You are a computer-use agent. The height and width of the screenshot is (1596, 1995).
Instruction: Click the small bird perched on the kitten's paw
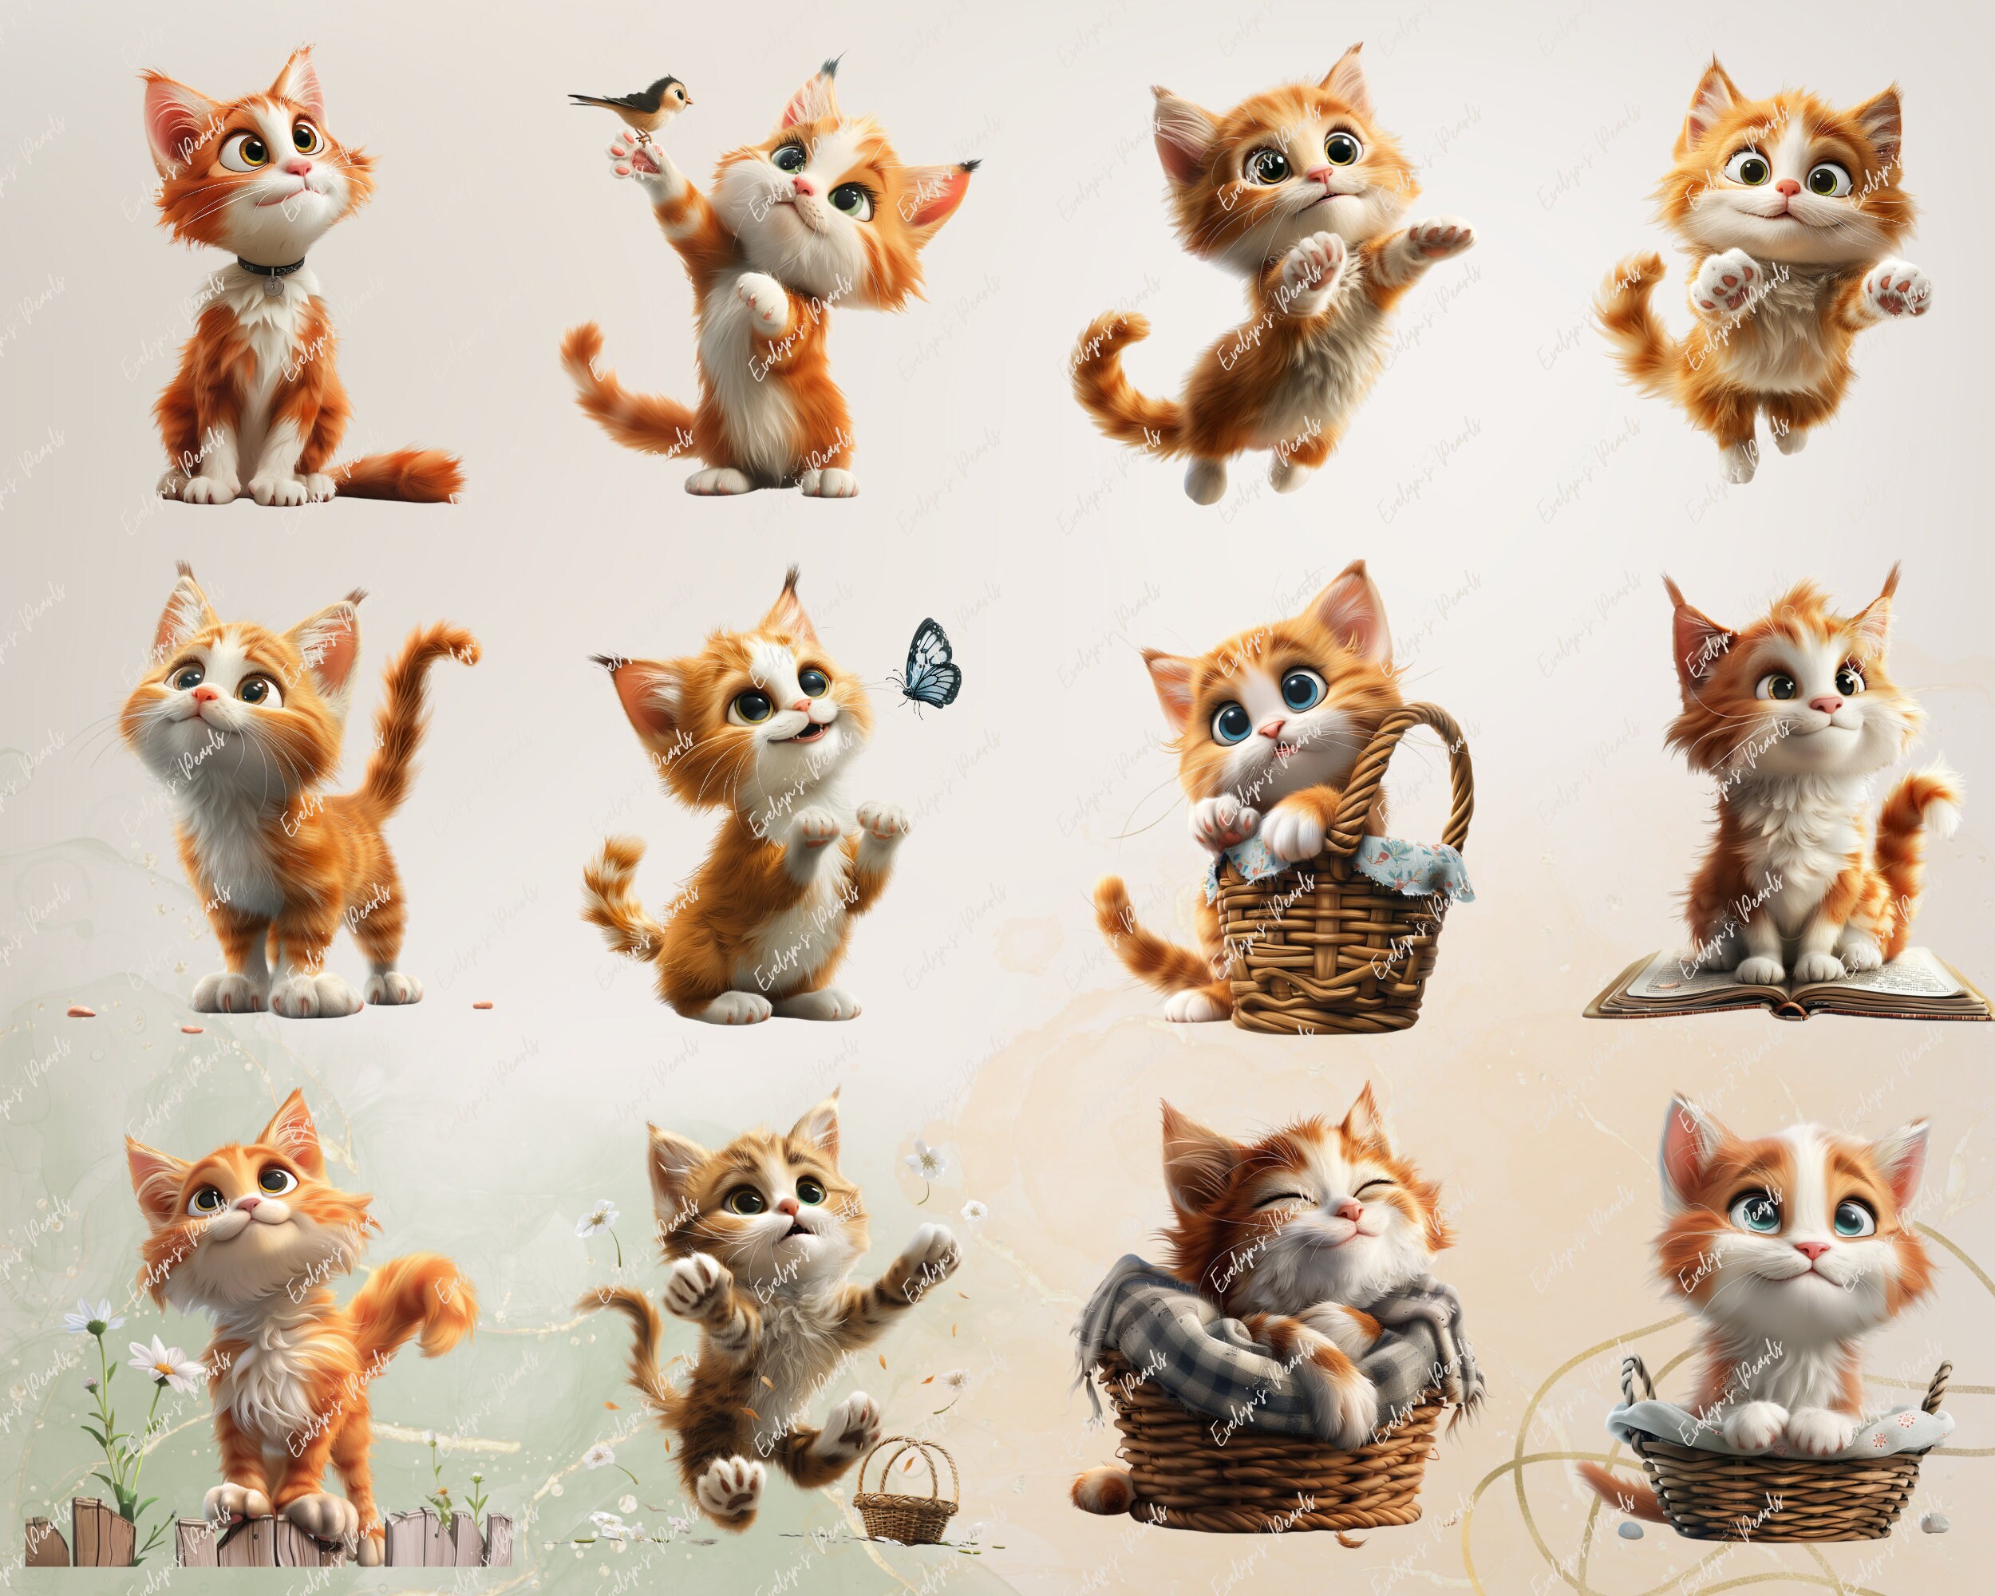click(638, 103)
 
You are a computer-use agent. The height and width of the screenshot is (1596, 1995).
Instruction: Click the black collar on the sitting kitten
click(271, 266)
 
